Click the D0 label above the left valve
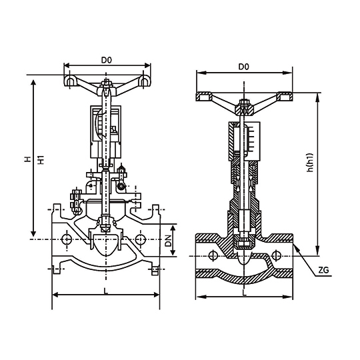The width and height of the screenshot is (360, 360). (x=107, y=60)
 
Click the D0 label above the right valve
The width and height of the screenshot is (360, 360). (x=243, y=67)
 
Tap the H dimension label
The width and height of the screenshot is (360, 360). (x=28, y=159)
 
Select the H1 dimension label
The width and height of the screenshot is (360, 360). (x=41, y=159)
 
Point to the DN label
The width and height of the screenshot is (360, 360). (x=169, y=241)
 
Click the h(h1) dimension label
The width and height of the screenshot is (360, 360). (x=310, y=163)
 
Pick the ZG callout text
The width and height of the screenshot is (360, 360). (x=324, y=270)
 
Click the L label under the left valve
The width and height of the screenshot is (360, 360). (x=106, y=291)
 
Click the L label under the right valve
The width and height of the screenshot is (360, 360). (x=245, y=293)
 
